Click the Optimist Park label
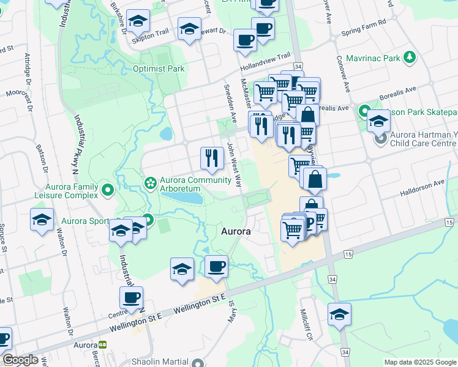159,69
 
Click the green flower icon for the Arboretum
149,183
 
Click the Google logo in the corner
20,360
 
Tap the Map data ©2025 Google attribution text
420,362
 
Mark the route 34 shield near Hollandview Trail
298,66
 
